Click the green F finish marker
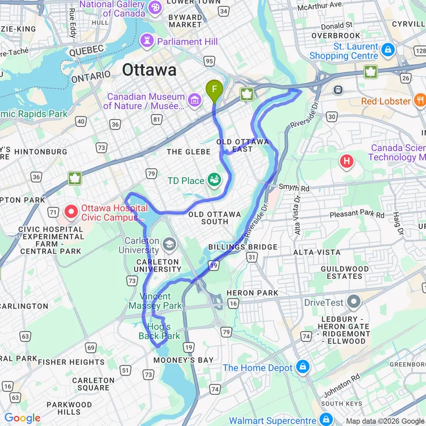[x=214, y=89]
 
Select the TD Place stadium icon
[x=214, y=181]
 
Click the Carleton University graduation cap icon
[x=169, y=245]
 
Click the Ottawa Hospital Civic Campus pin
[x=71, y=212]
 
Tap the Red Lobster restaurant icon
[x=420, y=101]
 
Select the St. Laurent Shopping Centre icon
[x=388, y=50]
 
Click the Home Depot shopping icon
[x=302, y=367]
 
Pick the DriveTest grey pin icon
[x=354, y=302]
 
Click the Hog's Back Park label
[x=159, y=331]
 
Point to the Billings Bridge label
[x=243, y=247]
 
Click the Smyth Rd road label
[x=294, y=187]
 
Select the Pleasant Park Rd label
[x=357, y=214]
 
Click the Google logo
[x=22, y=419]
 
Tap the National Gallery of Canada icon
[x=154, y=8]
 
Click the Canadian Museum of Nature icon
[x=195, y=101]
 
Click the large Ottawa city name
[x=149, y=70]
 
